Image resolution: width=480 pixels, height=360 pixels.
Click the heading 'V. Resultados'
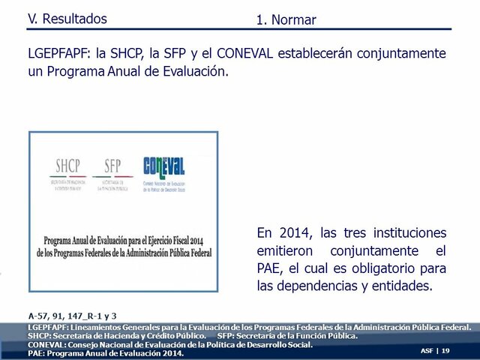click(x=67, y=19)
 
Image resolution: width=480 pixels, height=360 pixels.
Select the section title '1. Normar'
click(x=286, y=20)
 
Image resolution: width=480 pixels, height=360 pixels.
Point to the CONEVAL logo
click(x=164, y=169)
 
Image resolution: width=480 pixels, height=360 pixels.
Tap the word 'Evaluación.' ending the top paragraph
click(x=190, y=73)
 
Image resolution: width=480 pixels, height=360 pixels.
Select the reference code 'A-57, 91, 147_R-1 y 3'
click(x=72, y=316)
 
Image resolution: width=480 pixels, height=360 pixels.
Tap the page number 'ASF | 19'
click(x=435, y=351)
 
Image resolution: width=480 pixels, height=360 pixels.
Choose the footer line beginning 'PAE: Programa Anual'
click(x=106, y=353)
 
